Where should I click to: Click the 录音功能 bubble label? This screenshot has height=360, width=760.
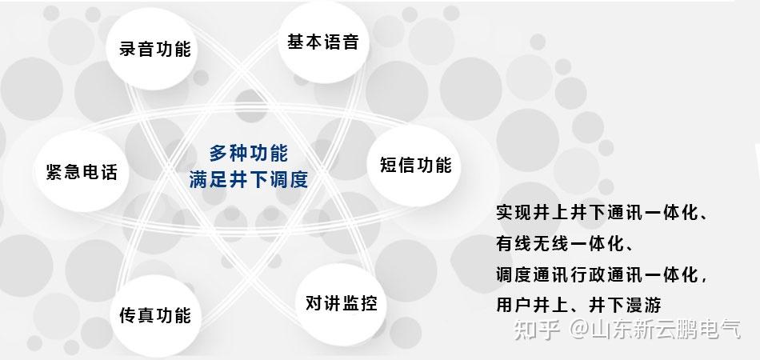(x=155, y=49)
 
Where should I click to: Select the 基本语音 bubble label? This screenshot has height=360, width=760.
(x=322, y=42)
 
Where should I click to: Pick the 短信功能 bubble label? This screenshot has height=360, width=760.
(x=415, y=165)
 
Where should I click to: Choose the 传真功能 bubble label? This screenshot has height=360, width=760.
(x=155, y=314)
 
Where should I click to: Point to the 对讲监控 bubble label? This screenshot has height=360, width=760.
(x=340, y=303)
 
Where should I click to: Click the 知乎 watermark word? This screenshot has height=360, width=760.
(x=534, y=330)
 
